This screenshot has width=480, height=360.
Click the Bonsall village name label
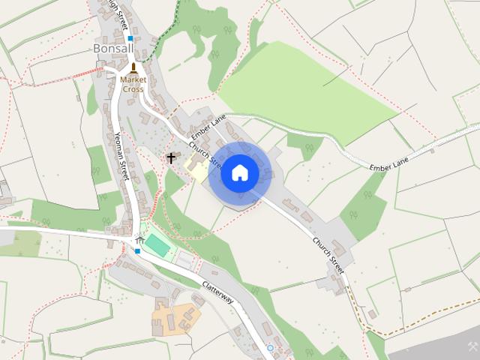(x=112, y=49)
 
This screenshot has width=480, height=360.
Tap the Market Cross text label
(x=133, y=84)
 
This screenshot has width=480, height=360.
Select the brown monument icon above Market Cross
(x=133, y=68)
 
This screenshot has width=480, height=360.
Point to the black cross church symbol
(x=171, y=158)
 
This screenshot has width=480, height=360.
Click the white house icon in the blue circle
(x=240, y=172)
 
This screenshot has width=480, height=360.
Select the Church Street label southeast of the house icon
(x=328, y=255)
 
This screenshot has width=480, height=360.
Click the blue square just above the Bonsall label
(x=130, y=37)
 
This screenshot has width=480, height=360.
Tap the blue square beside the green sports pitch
(x=137, y=251)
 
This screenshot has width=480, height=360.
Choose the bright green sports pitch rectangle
(x=158, y=244)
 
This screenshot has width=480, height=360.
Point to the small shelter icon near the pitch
(x=139, y=238)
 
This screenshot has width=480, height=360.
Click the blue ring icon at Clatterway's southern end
(x=270, y=348)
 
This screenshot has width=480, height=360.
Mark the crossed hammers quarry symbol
(x=472, y=346)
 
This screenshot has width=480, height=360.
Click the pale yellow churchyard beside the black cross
(x=196, y=169)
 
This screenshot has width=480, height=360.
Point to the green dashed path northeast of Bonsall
(x=165, y=30)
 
